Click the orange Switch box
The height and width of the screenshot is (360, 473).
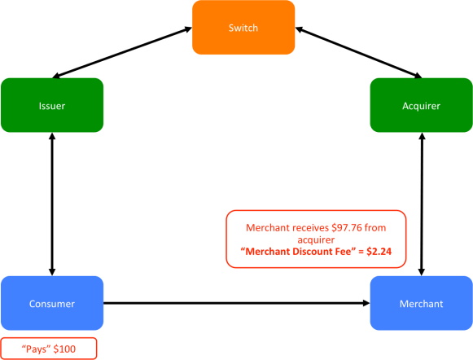click(243, 29)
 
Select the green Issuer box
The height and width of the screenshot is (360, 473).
click(52, 105)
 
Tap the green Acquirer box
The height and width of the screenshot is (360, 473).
click(421, 105)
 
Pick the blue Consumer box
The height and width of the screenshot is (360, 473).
click(52, 303)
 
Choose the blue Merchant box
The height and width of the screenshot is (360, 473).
click(421, 303)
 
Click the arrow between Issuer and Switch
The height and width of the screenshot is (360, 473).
click(147, 53)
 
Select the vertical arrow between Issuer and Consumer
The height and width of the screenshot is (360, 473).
click(52, 204)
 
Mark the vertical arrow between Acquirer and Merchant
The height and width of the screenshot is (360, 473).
click(421, 204)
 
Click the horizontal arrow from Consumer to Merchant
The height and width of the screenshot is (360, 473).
click(236, 304)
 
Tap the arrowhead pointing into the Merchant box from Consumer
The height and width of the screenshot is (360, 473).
click(364, 304)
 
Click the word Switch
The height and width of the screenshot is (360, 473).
click(243, 29)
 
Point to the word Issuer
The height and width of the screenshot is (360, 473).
click(52, 106)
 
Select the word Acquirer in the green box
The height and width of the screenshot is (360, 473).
click(421, 106)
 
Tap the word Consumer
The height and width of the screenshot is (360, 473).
click(52, 304)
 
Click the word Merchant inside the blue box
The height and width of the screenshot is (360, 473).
click(421, 304)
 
